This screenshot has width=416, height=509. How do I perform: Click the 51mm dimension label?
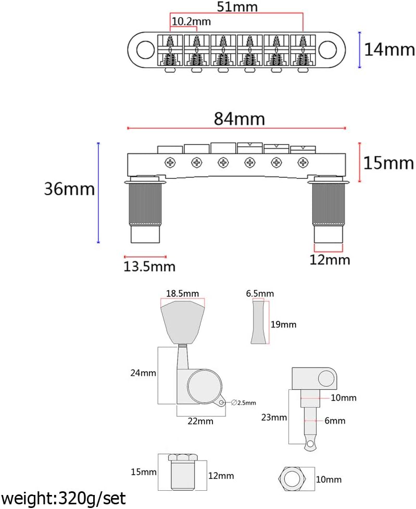click(x=237, y=6)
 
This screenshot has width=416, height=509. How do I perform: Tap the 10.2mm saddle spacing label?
click(x=191, y=21)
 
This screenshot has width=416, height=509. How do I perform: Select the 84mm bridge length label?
click(x=239, y=119)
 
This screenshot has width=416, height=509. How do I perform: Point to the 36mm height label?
click(x=69, y=189)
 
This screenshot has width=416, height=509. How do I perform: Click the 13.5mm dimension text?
click(x=149, y=267)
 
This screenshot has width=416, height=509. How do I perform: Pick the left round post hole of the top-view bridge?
click(x=145, y=50)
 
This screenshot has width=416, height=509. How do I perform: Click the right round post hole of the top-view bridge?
click(x=327, y=50)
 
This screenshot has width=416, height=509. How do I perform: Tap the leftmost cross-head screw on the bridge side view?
click(x=170, y=162)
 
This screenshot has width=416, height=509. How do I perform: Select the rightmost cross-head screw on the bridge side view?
click(x=303, y=162)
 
